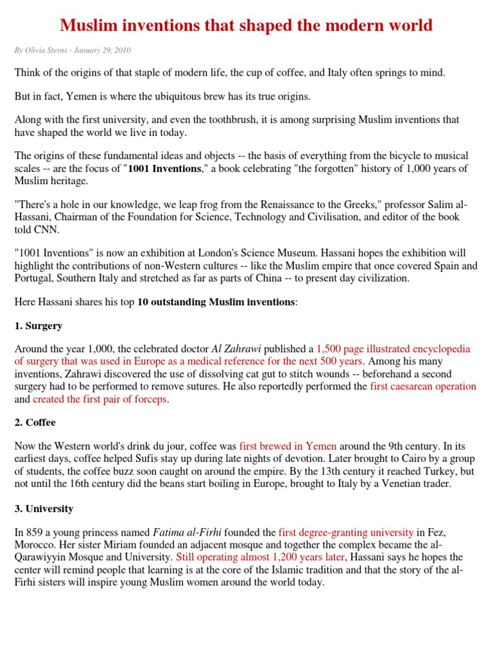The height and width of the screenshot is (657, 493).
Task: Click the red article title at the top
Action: pyautogui.click(x=246, y=25)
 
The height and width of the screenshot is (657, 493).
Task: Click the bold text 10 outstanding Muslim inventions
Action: pyautogui.click(x=216, y=302)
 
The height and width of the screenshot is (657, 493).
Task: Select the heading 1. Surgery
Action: pyautogui.click(x=39, y=326)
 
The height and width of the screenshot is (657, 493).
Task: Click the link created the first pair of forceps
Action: pyautogui.click(x=101, y=399)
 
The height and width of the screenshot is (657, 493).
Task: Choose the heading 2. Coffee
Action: pyautogui.click(x=35, y=423)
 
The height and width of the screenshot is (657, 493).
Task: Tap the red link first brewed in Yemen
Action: pyautogui.click(x=288, y=447)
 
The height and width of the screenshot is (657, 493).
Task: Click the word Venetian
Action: pyautogui.click(x=397, y=484)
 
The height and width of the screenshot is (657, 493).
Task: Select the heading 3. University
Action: pyautogui.click(x=44, y=509)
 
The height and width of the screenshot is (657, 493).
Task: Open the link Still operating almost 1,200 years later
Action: pyautogui.click(x=260, y=557)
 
